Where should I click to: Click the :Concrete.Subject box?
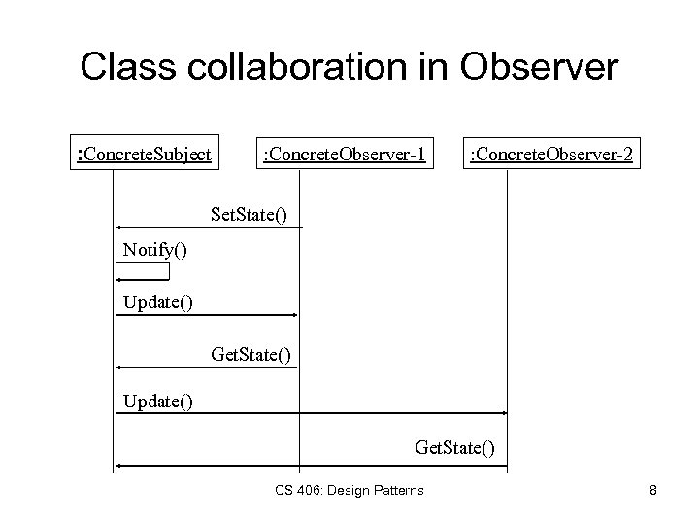pos(144,153)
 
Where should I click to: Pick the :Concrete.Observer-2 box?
pos(551,153)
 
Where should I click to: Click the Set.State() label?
pos(250,211)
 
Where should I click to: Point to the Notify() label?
pos(154,250)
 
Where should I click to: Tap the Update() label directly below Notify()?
pos(157,302)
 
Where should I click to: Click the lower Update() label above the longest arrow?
pos(157,400)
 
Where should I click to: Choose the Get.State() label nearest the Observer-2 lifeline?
pos(453,448)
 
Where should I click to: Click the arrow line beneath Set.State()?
pos(209,227)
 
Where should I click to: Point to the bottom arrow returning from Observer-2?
pos(311,467)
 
